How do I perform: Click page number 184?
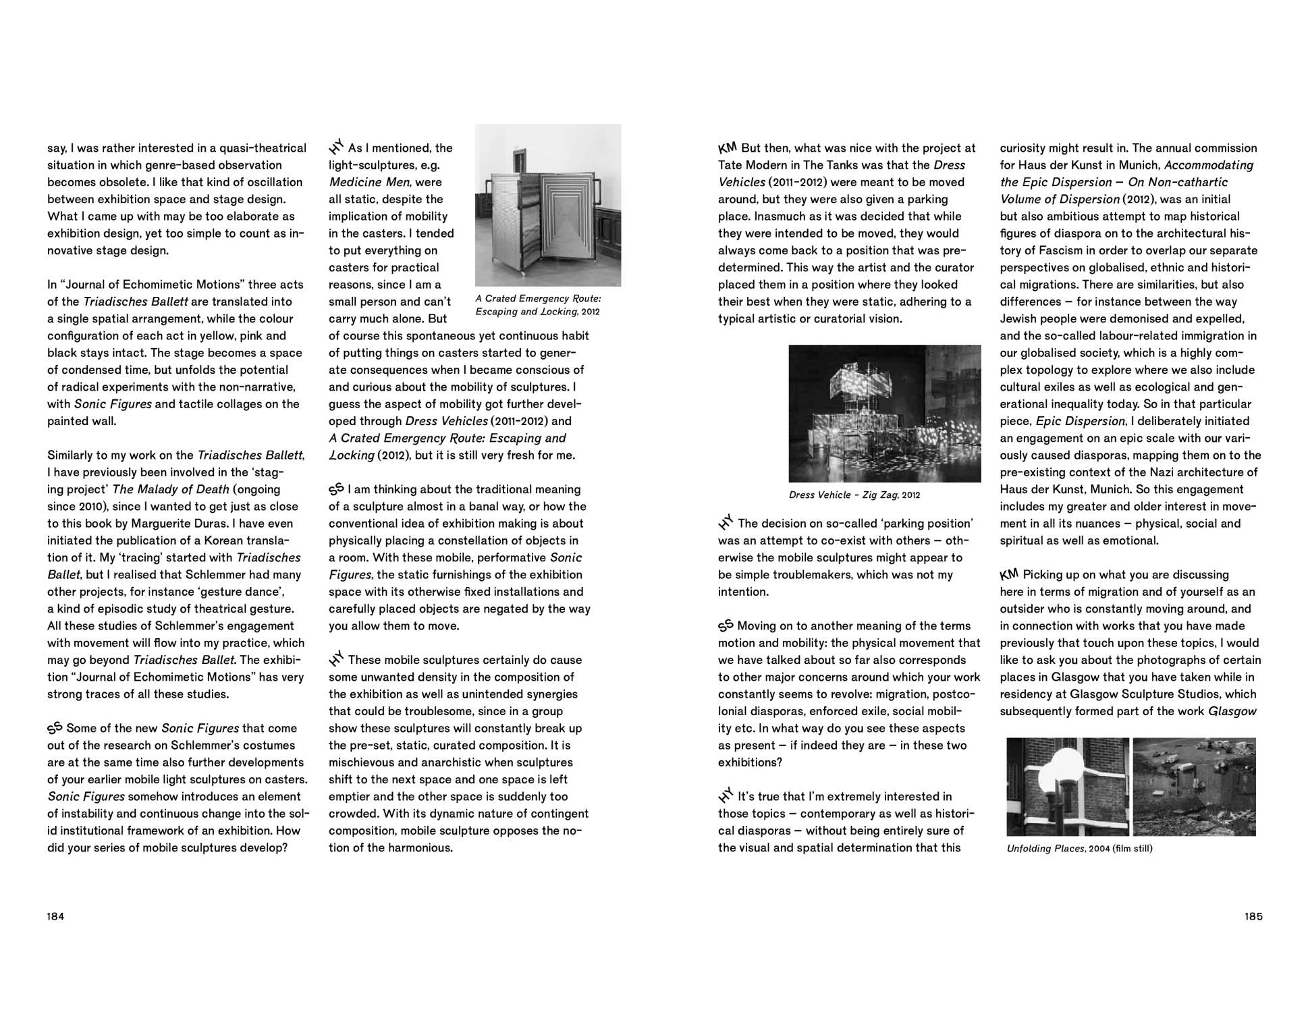click(55, 916)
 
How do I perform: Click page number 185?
click(1253, 916)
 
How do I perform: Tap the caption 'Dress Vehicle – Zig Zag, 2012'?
click(854, 495)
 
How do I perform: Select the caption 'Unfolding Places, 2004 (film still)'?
click(1079, 848)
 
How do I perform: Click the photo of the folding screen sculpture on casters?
click(547, 206)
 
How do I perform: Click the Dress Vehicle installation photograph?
click(884, 413)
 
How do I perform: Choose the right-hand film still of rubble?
click(1194, 787)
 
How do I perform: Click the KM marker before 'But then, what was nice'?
click(728, 147)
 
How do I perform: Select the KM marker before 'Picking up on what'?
click(1009, 574)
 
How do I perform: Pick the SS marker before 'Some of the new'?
click(55, 728)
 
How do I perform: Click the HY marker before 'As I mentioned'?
click(336, 146)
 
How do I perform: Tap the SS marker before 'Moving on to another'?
click(726, 625)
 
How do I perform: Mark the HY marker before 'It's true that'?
click(726, 796)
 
